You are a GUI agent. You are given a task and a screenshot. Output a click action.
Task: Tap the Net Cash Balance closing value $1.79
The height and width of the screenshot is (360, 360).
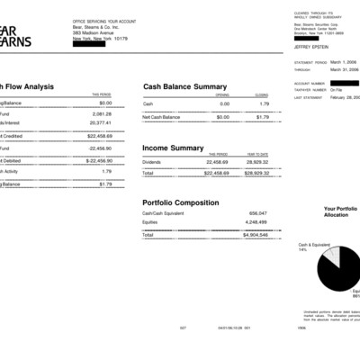tap(262, 117)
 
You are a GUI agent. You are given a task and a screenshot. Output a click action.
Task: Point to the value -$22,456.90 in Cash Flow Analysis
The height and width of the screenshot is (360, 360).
tap(98, 160)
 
